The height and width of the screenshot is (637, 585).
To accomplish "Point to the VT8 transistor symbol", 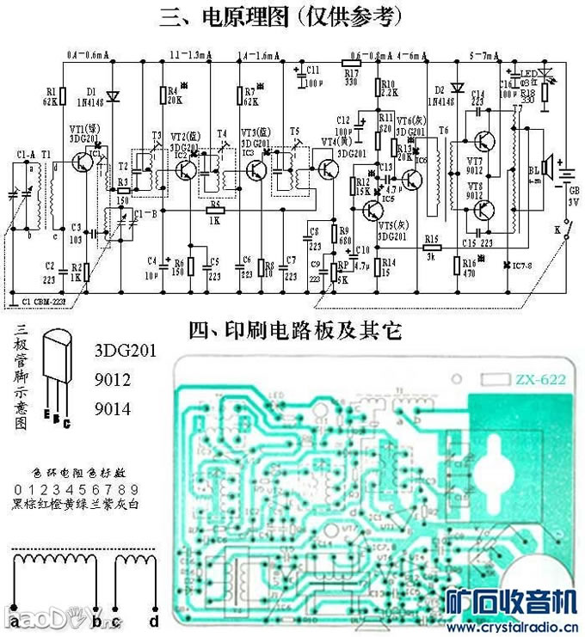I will [485, 207].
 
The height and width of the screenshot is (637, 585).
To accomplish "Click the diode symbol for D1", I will [110, 95].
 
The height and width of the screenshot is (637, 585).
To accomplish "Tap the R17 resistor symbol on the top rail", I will [351, 62].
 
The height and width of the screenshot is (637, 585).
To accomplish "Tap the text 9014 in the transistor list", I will [113, 409].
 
